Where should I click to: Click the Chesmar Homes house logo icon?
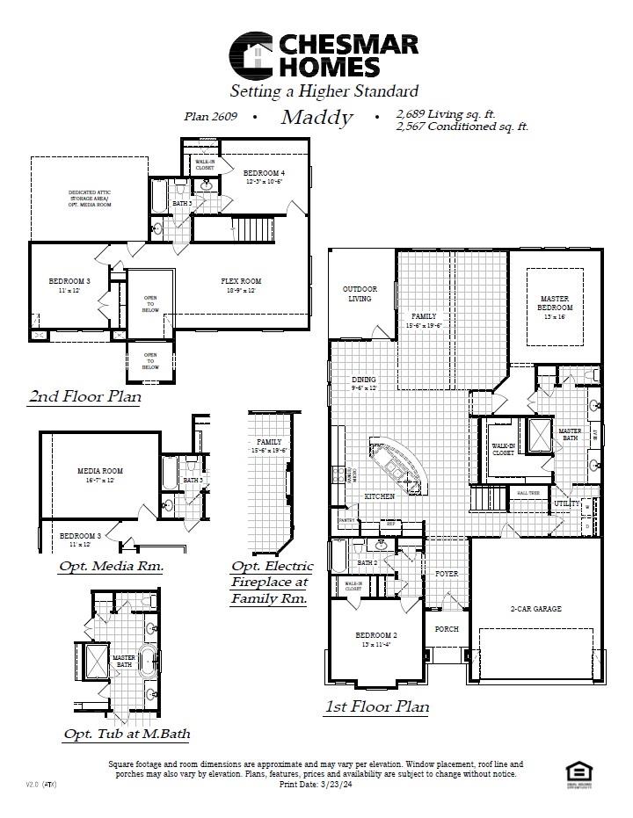(x=252, y=54)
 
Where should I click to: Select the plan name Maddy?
(x=316, y=118)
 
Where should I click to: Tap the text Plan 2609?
(x=211, y=116)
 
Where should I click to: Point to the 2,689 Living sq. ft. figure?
(x=446, y=114)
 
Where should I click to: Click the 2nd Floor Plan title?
(x=84, y=396)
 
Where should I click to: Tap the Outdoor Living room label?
(x=360, y=293)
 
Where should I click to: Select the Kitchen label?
(x=380, y=496)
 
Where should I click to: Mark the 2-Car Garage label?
(x=535, y=608)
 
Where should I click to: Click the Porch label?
(x=447, y=629)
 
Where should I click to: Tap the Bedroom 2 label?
(x=376, y=634)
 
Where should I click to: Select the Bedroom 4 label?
(x=264, y=173)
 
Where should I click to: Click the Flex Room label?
(x=240, y=281)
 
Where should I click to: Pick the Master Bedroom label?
(x=556, y=303)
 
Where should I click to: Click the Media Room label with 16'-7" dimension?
(x=100, y=471)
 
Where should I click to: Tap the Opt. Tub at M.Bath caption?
(x=127, y=734)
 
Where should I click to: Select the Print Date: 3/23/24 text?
(x=315, y=783)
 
